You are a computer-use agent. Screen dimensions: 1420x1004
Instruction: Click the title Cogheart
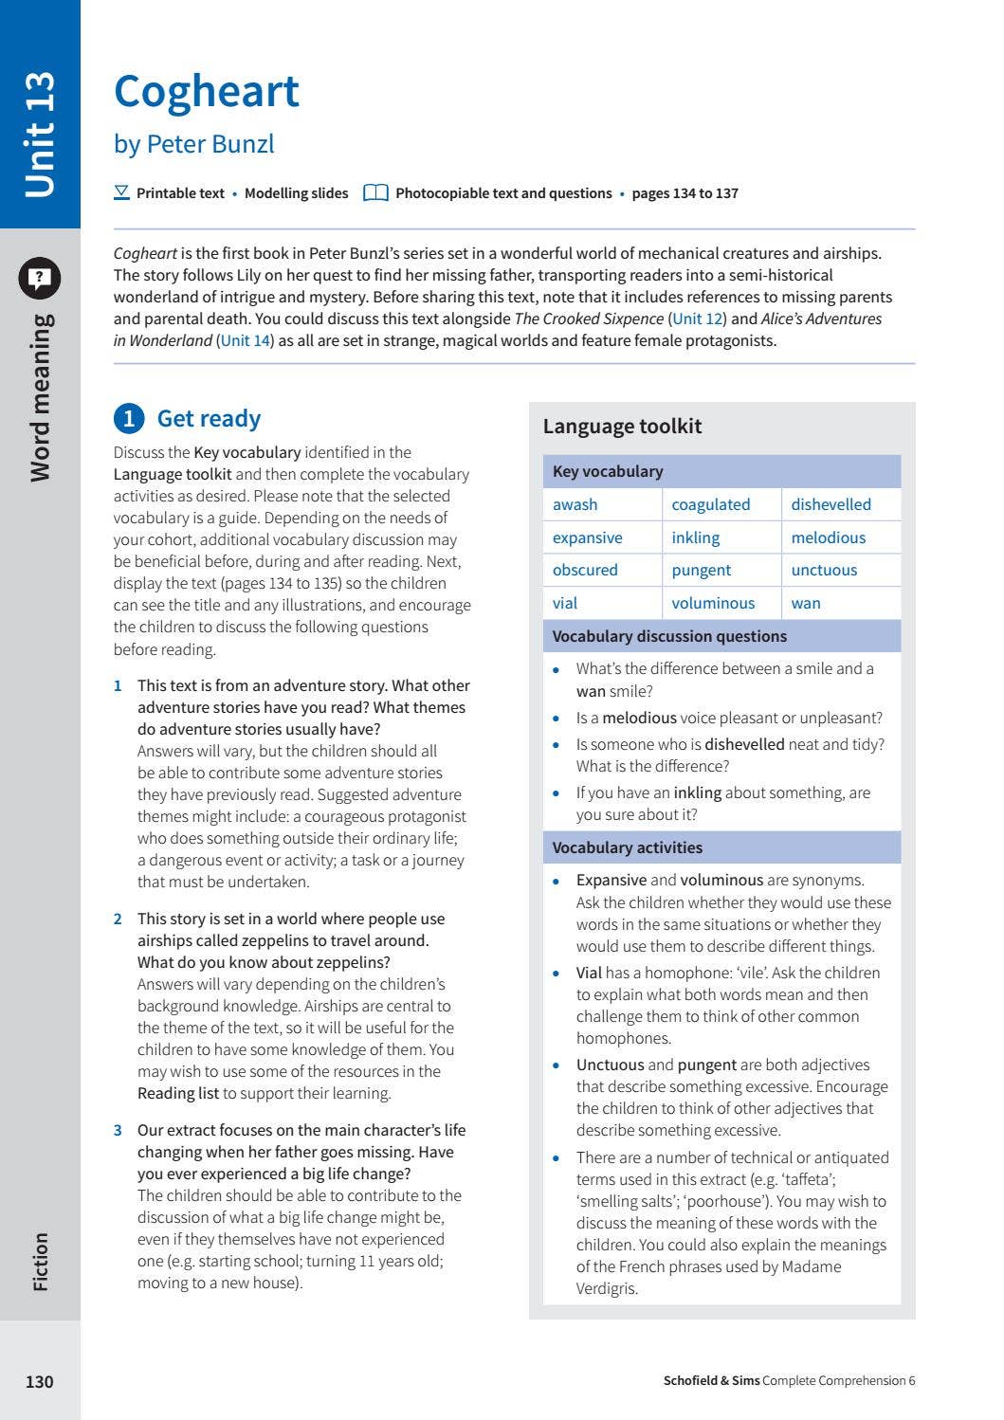207,92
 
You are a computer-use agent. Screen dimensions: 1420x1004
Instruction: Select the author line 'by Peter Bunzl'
193,144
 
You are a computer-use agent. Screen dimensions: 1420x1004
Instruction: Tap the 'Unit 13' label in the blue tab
40,134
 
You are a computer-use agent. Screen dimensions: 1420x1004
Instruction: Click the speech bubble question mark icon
39,278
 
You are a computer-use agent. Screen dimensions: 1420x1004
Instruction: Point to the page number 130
39,1381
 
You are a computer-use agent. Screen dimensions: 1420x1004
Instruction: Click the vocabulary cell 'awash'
575,504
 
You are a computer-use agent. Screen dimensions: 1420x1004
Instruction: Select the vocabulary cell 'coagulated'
710,504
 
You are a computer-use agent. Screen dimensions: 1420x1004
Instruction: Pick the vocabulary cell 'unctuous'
824,570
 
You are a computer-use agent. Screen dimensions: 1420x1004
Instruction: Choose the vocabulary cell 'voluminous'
713,603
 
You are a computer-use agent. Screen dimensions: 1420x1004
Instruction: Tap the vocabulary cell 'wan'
806,603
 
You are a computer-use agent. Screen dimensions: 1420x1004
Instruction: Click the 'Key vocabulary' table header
608,471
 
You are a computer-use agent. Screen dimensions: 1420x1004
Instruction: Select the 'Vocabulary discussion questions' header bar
669,636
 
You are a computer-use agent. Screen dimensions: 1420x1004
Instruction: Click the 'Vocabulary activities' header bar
628,847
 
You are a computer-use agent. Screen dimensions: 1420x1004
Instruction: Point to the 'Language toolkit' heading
622,427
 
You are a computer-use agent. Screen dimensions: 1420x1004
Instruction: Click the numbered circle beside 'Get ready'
129,419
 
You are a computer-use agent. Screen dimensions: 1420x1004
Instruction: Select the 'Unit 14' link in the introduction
246,340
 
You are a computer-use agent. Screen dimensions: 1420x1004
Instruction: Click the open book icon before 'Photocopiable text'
376,193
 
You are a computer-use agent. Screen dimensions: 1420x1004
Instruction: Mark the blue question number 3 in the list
118,1130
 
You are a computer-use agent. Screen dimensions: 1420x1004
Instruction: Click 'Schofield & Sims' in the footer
711,1380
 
